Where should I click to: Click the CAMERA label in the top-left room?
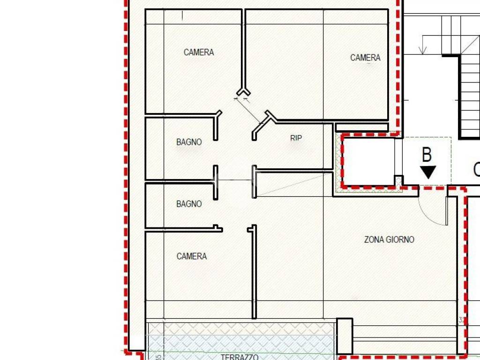pos(199,52)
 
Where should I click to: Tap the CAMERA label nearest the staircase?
pos(365,58)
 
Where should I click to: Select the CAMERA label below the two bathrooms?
pos(192,256)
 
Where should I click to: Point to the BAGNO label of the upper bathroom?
pos(189,142)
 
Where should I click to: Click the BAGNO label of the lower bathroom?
pos(189,204)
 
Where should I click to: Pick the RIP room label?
pos(296,138)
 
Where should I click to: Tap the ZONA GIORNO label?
pos(389,240)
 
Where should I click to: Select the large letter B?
pos(427,155)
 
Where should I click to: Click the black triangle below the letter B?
pos(428,172)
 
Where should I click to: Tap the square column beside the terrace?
pos(345,336)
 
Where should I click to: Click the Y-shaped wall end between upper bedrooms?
pos(243,92)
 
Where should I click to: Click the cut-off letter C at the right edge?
pos(476,169)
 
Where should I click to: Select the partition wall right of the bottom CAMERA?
pos(254,272)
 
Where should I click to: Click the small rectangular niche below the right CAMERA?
pos(362,127)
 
